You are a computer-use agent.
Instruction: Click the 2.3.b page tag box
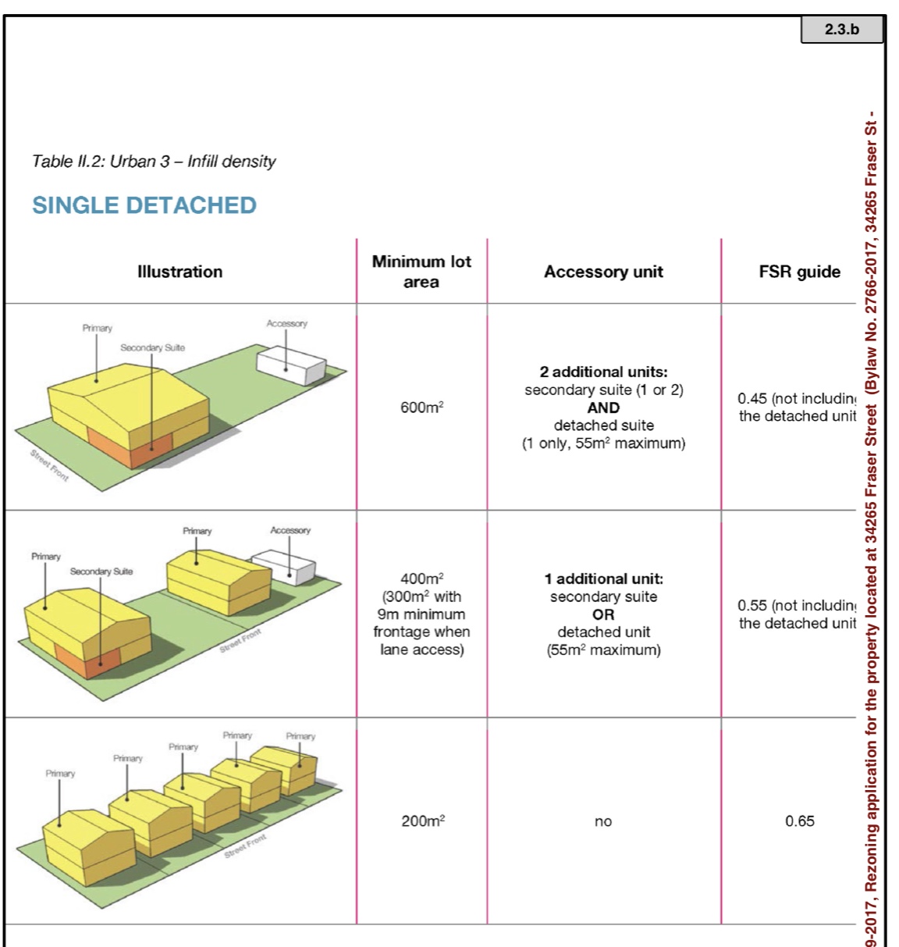(x=841, y=30)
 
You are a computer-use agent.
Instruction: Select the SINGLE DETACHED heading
(x=144, y=205)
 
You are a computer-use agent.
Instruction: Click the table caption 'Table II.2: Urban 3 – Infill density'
(x=154, y=162)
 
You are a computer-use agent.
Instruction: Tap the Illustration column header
(x=179, y=272)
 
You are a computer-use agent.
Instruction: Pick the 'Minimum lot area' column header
(x=421, y=272)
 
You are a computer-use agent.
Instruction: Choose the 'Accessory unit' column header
(x=603, y=272)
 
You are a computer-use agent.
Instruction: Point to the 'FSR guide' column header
(x=799, y=272)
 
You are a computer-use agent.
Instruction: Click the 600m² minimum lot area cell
(x=421, y=408)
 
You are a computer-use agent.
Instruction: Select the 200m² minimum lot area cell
(x=422, y=821)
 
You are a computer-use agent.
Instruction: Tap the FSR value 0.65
(x=799, y=821)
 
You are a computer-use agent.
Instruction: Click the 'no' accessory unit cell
(x=603, y=821)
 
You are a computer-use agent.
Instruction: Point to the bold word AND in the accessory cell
(x=603, y=408)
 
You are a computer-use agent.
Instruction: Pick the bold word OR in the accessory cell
(x=603, y=614)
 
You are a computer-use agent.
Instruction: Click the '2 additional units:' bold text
(x=603, y=372)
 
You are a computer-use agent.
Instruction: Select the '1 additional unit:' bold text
(x=603, y=579)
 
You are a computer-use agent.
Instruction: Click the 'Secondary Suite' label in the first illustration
(x=152, y=347)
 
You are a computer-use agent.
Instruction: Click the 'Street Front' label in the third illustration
(x=245, y=846)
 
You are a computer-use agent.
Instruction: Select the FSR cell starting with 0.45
(x=796, y=408)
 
